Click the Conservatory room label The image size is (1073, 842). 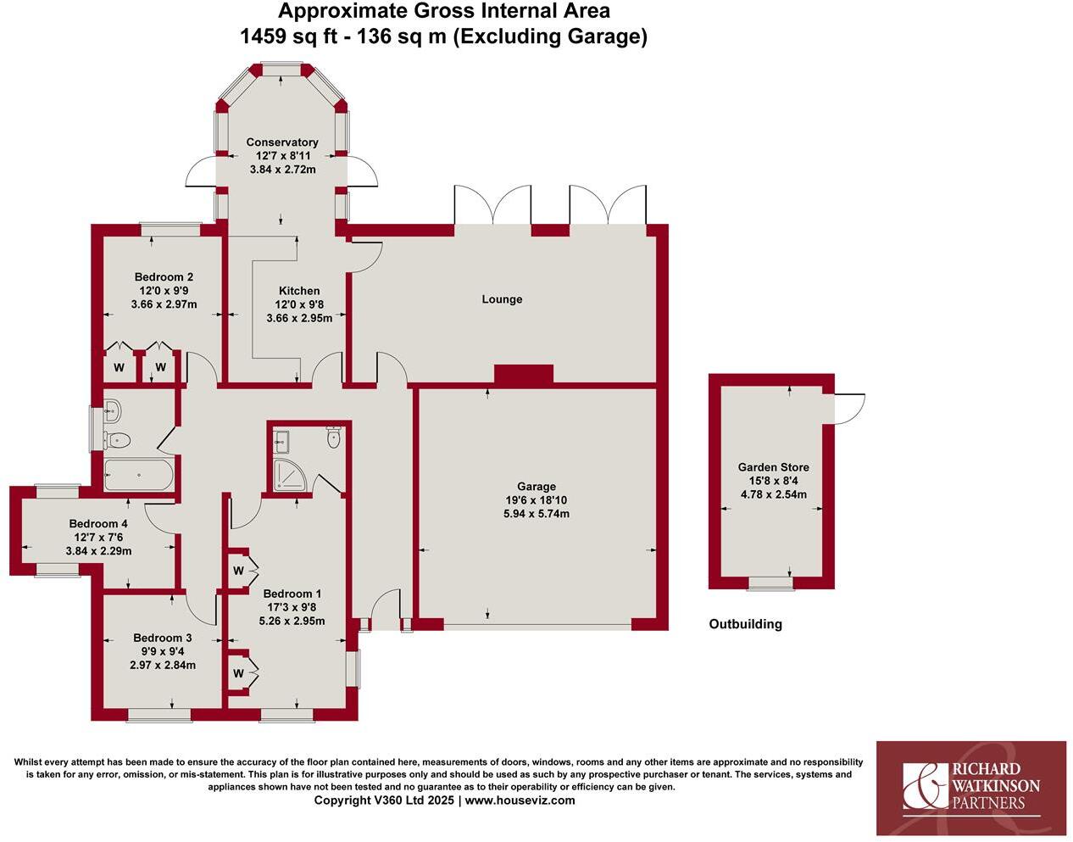tap(282, 142)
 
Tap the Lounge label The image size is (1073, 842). tap(502, 299)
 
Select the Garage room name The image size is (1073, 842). tap(536, 487)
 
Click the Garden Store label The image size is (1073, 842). tap(773, 467)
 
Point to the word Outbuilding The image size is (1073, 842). tap(745, 624)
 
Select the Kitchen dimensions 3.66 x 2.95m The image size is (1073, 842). tap(299, 318)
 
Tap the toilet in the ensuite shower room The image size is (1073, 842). tap(333, 438)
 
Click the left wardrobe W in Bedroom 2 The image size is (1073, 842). tap(119, 368)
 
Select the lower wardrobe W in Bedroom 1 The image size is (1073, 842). tap(238, 674)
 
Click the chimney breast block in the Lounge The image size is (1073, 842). tap(523, 374)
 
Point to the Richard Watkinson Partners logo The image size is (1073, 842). tap(970, 788)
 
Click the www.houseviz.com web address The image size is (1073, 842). tap(520, 800)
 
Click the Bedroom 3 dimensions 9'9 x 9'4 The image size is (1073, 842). tap(163, 651)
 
